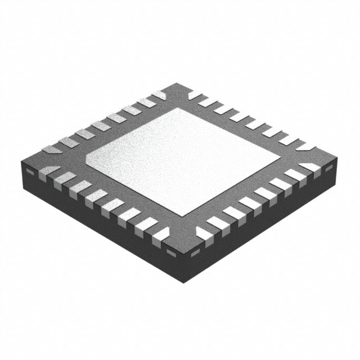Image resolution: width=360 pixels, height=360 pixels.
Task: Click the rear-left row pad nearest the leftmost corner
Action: [x=52, y=150]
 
